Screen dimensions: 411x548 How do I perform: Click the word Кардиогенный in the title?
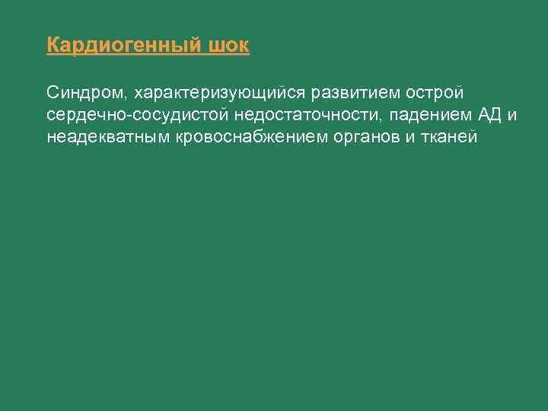point(123,46)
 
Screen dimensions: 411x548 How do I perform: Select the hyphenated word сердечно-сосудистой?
point(138,116)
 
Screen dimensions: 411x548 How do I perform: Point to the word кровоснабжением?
point(250,139)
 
